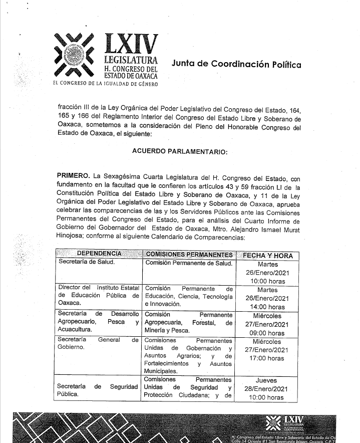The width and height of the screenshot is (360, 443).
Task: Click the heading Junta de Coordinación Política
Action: tap(236, 64)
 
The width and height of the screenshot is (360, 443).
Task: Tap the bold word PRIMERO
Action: tap(74, 176)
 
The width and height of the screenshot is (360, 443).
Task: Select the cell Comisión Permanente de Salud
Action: tap(189, 263)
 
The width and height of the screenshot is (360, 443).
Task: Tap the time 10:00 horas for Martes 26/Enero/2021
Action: tap(267, 281)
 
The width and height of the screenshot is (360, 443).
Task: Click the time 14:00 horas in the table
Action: tap(267, 307)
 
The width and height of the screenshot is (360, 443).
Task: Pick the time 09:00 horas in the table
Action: tap(267, 333)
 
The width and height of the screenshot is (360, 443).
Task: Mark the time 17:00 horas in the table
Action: tap(267, 358)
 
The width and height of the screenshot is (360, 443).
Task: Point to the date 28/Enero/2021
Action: tap(267, 388)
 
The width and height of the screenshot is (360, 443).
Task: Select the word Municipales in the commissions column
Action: tap(161, 371)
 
